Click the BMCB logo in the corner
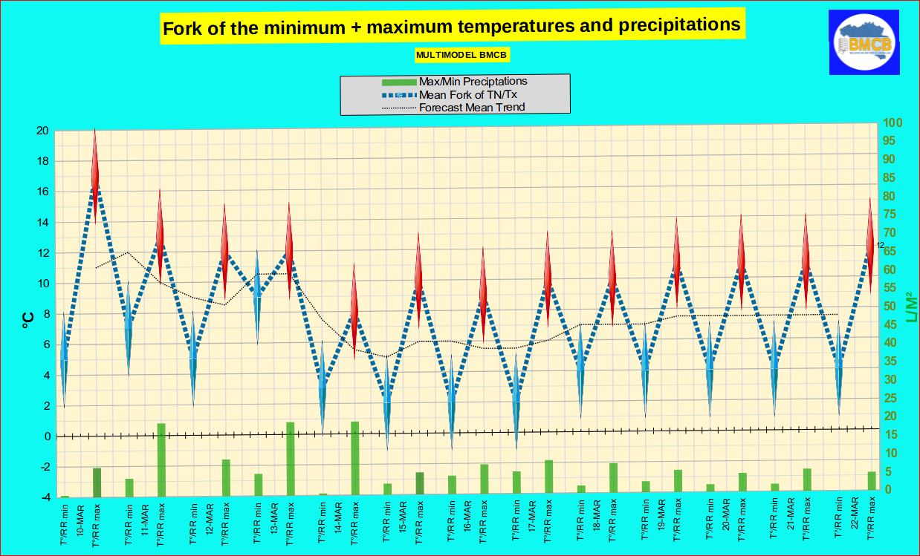[864, 42]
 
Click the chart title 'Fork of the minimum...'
[451, 27]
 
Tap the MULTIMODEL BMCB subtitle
[462, 55]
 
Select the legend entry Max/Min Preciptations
[473, 82]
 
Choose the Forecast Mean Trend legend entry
[472, 107]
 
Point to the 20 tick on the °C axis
[42, 131]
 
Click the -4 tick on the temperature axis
[44, 497]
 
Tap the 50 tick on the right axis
[890, 307]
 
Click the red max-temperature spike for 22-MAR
[870, 245]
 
